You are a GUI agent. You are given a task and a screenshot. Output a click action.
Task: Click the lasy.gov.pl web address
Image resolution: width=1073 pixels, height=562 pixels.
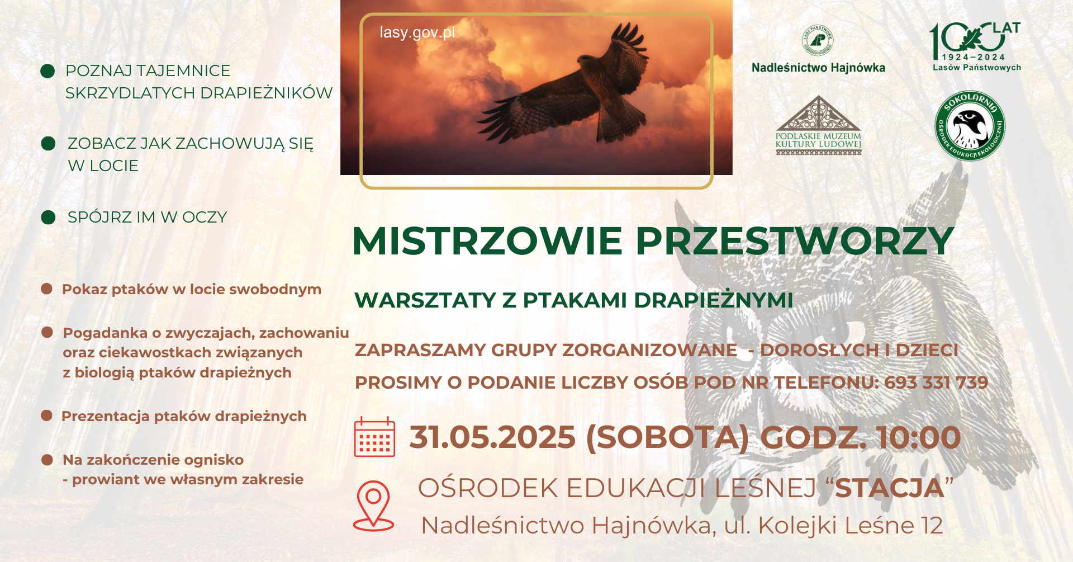(x=417, y=32)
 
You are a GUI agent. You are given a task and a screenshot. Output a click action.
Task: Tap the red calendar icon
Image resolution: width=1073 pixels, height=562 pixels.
(x=374, y=437)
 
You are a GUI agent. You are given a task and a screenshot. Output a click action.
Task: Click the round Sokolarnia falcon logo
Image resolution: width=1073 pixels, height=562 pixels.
(x=970, y=126)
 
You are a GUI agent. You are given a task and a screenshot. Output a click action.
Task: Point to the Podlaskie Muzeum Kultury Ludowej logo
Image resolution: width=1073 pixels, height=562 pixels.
(x=818, y=125)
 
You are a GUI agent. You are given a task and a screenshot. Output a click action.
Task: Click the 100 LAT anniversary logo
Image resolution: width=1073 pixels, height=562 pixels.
(x=976, y=47)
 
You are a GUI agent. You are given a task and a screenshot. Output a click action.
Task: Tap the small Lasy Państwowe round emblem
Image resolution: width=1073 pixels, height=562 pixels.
(x=818, y=40)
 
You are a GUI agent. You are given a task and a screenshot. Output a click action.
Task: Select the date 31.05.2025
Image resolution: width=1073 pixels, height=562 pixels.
(x=492, y=437)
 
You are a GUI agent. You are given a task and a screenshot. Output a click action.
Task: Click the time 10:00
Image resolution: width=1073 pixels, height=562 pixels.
(x=918, y=437)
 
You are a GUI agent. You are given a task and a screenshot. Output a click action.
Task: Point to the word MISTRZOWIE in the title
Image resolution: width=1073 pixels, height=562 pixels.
(x=487, y=242)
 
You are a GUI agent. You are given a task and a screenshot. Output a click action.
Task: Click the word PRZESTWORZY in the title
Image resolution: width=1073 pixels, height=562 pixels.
(x=795, y=242)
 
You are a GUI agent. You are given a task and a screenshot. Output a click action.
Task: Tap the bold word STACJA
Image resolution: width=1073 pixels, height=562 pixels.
(x=889, y=488)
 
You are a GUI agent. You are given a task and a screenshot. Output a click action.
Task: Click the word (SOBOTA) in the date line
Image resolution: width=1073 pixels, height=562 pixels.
(x=667, y=437)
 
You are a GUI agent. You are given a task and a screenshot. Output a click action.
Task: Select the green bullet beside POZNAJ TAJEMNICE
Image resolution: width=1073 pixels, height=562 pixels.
(x=48, y=71)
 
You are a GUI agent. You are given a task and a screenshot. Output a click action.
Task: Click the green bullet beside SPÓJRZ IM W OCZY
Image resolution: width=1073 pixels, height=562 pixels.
(x=49, y=217)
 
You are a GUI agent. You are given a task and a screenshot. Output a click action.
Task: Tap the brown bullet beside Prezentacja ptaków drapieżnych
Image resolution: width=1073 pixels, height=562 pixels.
(x=47, y=415)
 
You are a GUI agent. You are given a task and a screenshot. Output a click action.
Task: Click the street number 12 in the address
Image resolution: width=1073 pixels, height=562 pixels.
(x=932, y=526)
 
